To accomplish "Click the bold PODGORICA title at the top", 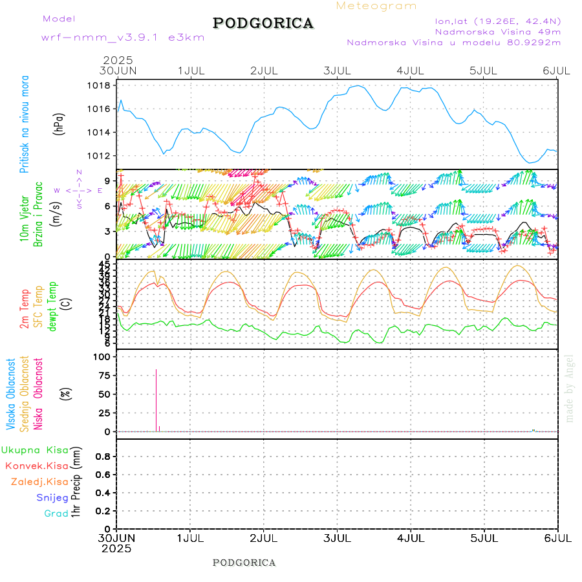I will [x=263, y=23].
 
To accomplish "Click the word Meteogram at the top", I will [x=376, y=6].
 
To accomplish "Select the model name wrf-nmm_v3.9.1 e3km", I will [x=123, y=38].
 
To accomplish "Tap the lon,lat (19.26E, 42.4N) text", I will [x=498, y=21].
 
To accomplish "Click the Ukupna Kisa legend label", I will [x=34, y=450].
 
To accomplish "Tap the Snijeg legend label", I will [x=52, y=498].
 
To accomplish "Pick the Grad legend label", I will [x=56, y=513].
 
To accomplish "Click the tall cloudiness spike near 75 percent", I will [x=156, y=401].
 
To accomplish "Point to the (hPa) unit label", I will [x=59, y=123].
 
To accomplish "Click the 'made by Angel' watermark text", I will [x=570, y=388].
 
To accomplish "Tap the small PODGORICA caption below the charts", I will [x=244, y=563].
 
